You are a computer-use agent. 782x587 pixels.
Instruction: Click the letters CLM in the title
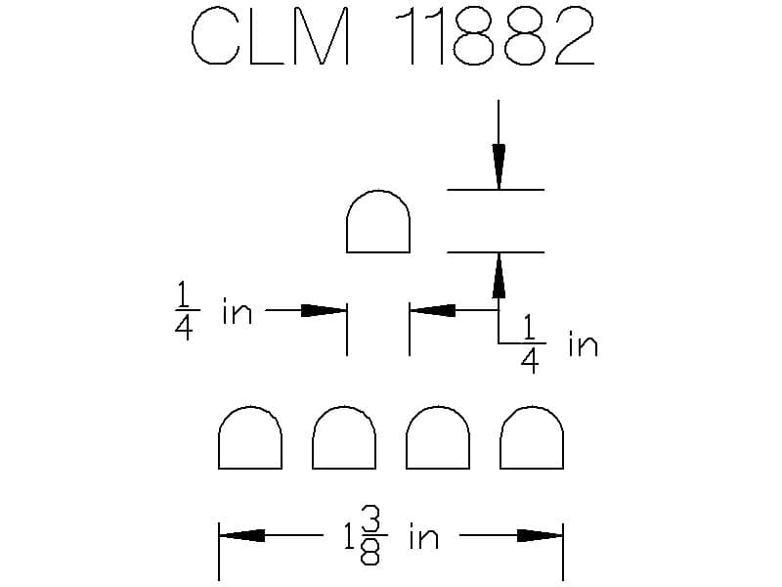(270, 36)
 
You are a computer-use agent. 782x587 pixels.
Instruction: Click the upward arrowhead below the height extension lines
(499, 276)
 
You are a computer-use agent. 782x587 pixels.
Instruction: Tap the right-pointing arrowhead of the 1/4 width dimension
(324, 310)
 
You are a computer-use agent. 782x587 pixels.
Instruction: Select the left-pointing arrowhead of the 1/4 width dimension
(432, 310)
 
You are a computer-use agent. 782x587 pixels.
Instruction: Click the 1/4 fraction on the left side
(185, 310)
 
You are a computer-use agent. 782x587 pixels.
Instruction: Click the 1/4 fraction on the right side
(530, 343)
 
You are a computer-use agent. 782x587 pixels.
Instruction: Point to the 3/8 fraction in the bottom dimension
(370, 535)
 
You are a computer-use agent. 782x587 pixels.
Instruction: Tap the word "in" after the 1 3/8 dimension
(424, 536)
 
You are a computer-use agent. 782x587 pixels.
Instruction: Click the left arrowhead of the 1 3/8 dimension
(241, 535)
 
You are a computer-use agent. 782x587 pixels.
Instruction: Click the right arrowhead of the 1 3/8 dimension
(541, 535)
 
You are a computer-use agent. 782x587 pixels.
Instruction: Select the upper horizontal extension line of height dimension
(496, 190)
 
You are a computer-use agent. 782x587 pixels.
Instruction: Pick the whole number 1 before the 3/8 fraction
(350, 535)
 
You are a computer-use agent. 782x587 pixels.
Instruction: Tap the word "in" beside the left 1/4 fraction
(237, 311)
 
